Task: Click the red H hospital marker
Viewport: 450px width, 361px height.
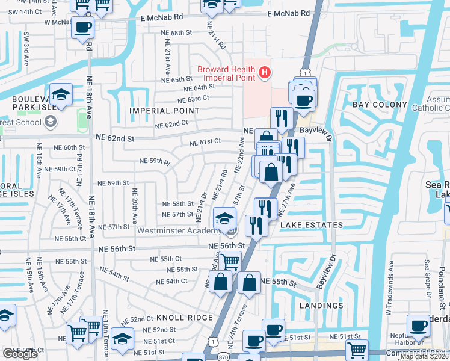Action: coord(264,73)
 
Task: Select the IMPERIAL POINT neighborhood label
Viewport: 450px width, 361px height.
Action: coord(165,111)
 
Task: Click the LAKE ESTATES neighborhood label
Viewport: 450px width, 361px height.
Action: coord(312,225)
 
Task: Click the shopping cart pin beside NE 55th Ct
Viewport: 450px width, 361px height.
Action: coord(230,262)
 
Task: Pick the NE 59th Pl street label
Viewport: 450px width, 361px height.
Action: coord(156,161)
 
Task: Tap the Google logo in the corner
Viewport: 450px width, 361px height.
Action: coord(20,354)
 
